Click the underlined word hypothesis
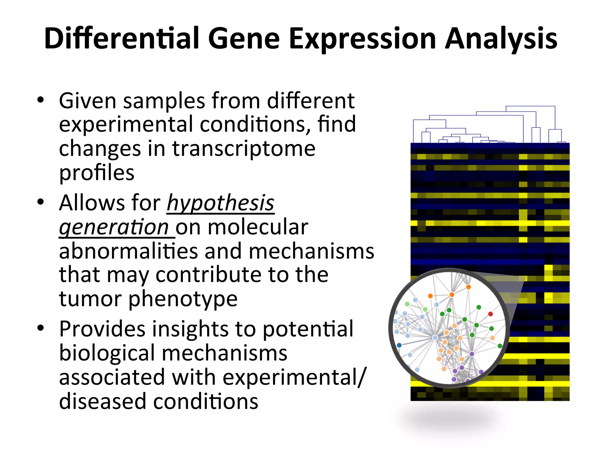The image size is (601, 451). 220,203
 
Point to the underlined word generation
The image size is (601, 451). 114,228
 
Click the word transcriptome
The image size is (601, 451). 243,149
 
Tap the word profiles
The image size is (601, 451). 97,173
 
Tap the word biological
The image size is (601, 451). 107,353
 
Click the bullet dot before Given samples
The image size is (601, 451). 40,100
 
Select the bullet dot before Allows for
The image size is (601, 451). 40,202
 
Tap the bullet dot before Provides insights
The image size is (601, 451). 40,328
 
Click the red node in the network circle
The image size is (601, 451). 490,314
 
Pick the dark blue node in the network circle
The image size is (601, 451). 399,345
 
